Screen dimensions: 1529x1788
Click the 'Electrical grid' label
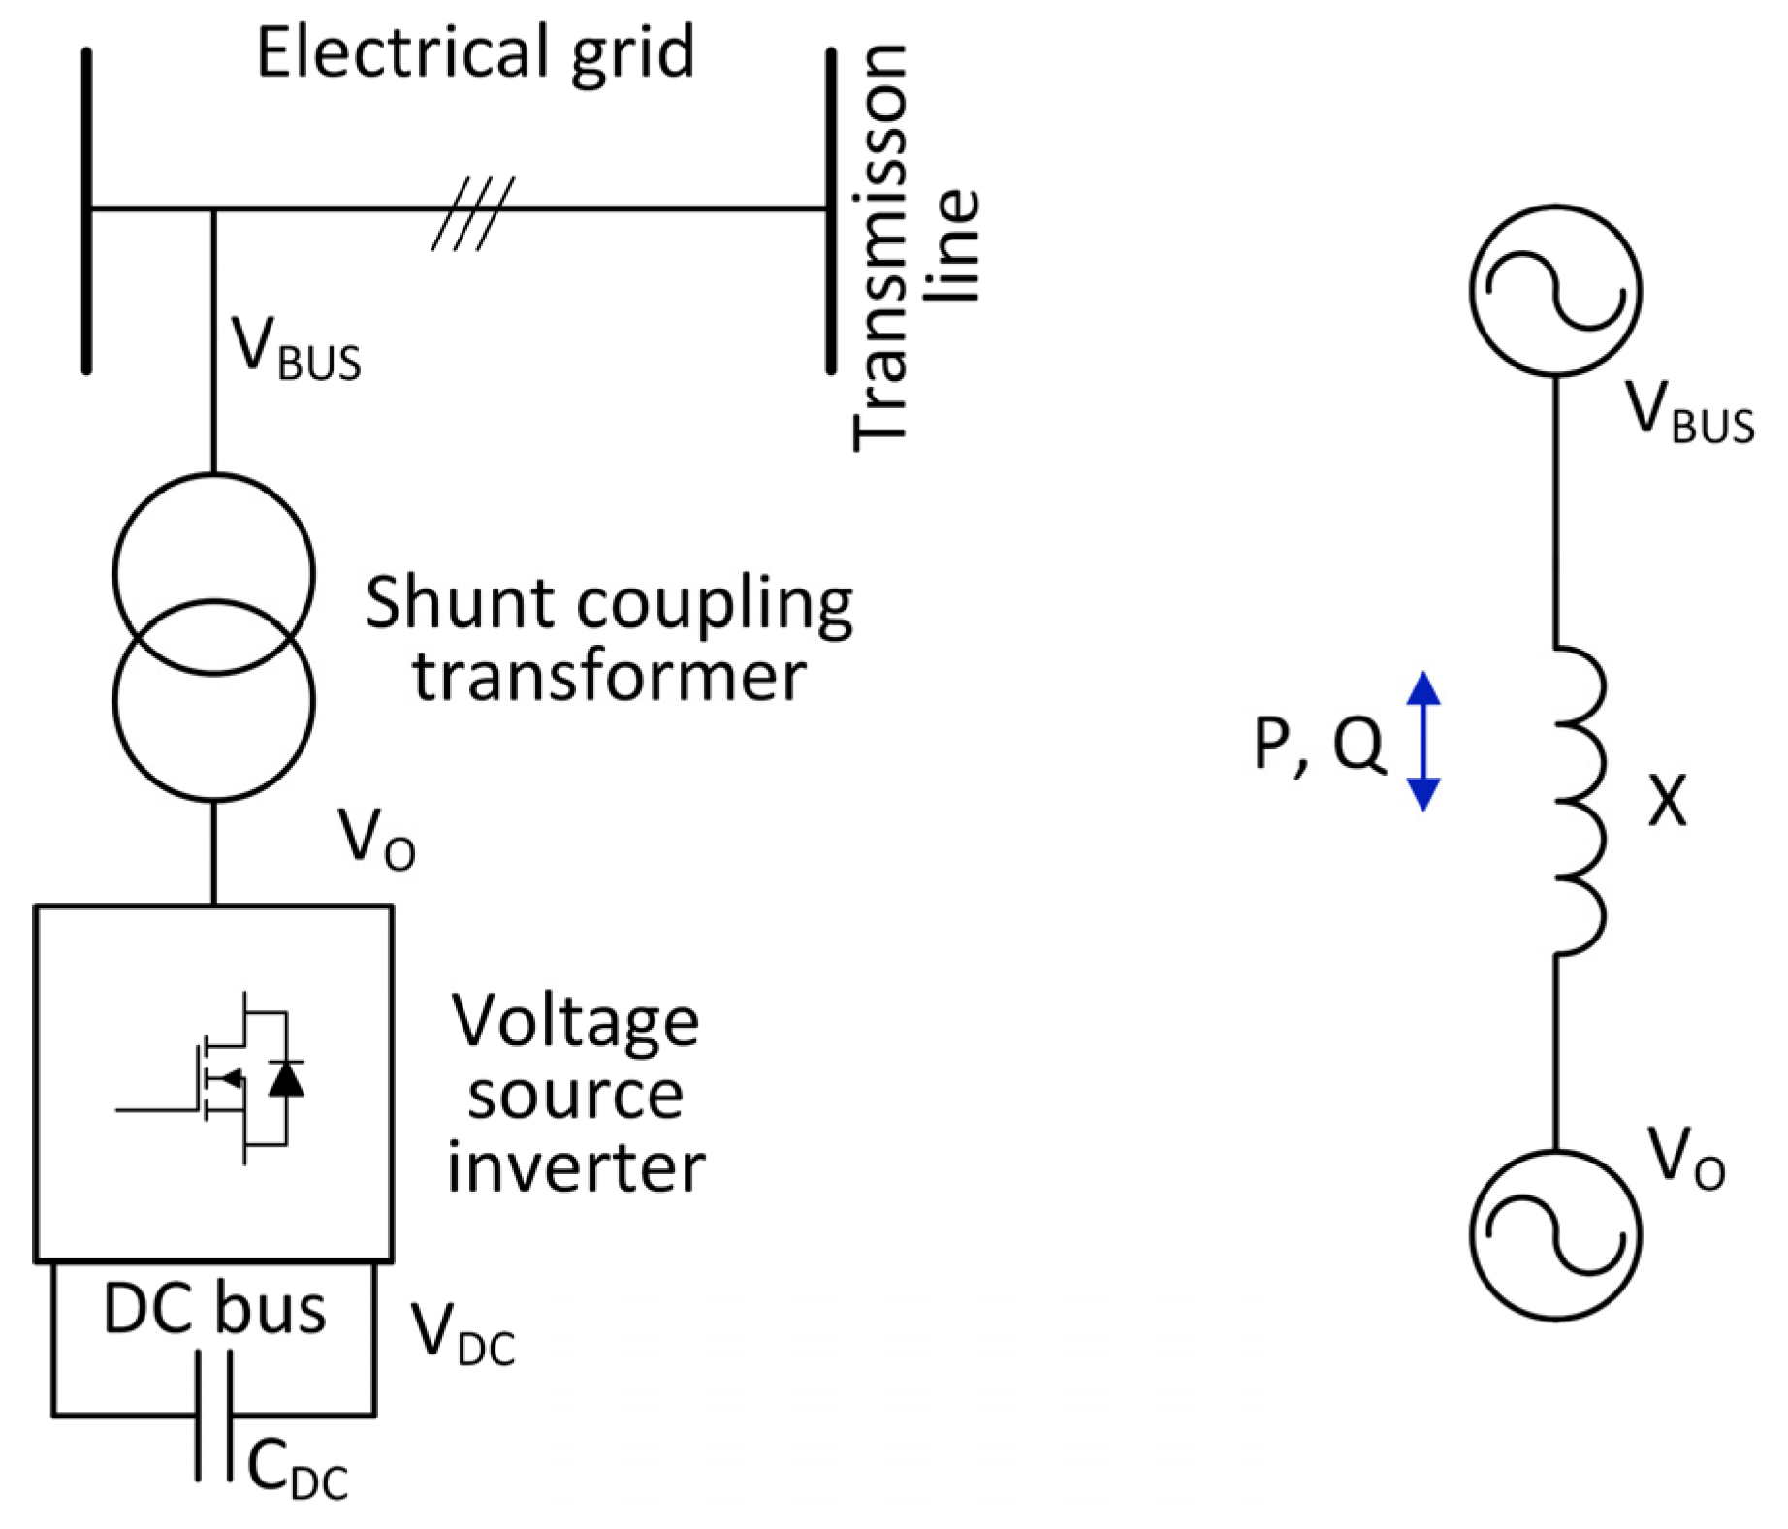pos(475,53)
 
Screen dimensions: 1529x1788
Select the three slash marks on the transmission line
pos(473,214)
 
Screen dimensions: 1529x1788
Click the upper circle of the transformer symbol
pos(213,543)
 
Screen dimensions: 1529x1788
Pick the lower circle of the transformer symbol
pos(213,737)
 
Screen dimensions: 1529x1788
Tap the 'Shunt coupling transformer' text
pos(609,638)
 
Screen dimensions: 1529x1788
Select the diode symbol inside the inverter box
pos(286,1078)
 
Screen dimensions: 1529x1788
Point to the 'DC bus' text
pos(214,1310)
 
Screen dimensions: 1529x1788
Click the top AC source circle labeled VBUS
pos(1555,290)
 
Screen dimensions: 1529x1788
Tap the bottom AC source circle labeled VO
pos(1555,1234)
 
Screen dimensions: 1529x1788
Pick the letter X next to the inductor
pos(1667,801)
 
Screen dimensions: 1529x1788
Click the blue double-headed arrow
pos(1422,741)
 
